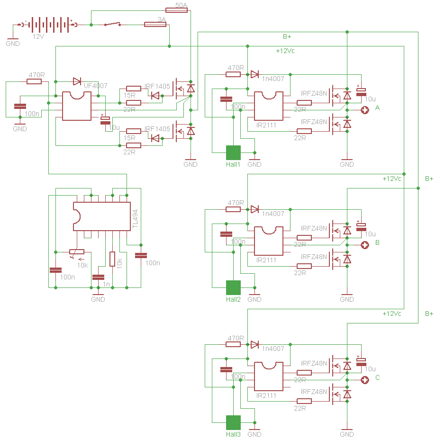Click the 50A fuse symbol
tap(177, 9)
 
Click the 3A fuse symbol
tap(155, 24)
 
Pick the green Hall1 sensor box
tap(233, 152)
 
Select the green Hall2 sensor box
tap(233, 287)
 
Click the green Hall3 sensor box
tap(233, 422)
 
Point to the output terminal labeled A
tap(365, 110)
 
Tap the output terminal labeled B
tap(365, 245)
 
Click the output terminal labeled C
tap(365, 380)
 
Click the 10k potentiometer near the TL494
tap(77, 252)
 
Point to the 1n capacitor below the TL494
tap(98, 277)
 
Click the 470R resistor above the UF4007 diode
tap(34, 81)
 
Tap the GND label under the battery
tap(13, 44)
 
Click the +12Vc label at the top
tap(285, 51)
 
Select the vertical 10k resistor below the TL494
tap(112, 259)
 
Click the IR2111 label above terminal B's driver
tap(266, 260)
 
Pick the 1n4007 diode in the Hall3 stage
tap(255, 344)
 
